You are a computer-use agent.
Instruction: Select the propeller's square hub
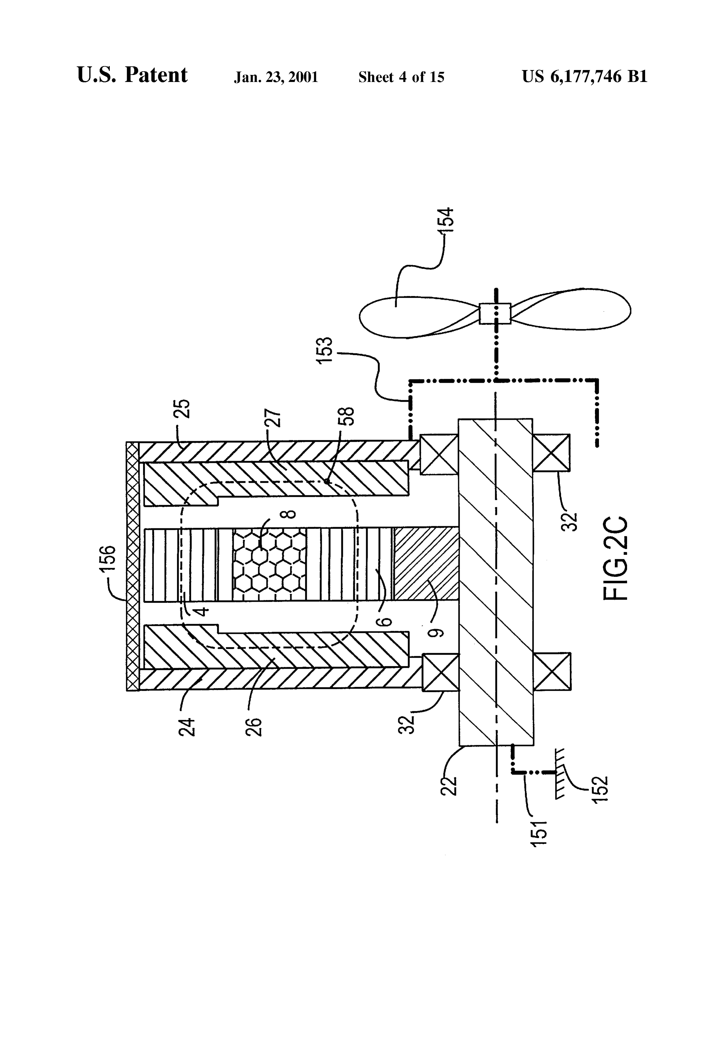(495, 313)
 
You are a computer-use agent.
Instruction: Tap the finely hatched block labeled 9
(426, 564)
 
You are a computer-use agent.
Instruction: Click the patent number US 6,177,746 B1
(584, 77)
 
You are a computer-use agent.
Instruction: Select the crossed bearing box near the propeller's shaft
(438, 454)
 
